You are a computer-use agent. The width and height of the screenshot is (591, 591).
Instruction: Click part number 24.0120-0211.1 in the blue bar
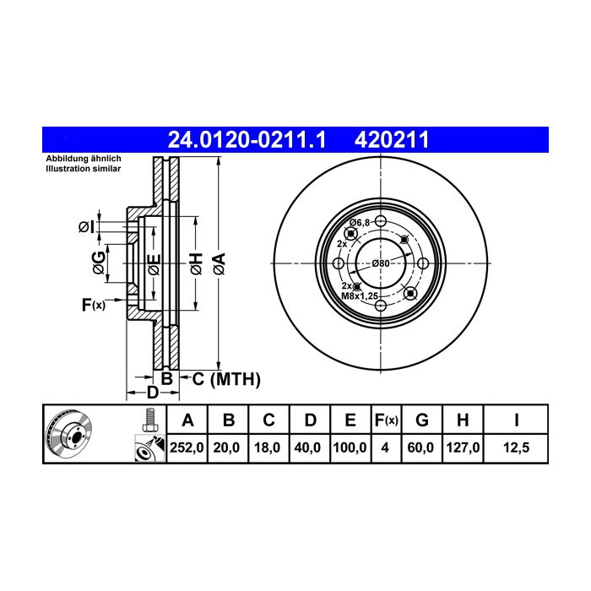[247, 140]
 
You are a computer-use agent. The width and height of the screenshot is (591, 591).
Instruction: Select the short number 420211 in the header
[392, 140]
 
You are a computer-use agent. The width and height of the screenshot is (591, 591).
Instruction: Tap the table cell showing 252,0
[187, 447]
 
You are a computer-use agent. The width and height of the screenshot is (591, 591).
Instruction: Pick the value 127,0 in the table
[463, 447]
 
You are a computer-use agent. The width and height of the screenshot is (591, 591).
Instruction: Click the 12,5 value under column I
[517, 447]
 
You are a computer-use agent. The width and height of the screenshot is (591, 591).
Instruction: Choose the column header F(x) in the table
[387, 420]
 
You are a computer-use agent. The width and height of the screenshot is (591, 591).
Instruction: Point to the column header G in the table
[422, 420]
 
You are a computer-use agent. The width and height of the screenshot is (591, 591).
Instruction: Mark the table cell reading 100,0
[350, 447]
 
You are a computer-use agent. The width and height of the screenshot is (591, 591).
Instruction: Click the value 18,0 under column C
[267, 447]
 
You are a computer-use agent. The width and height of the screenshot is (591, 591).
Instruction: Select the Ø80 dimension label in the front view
[381, 263]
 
